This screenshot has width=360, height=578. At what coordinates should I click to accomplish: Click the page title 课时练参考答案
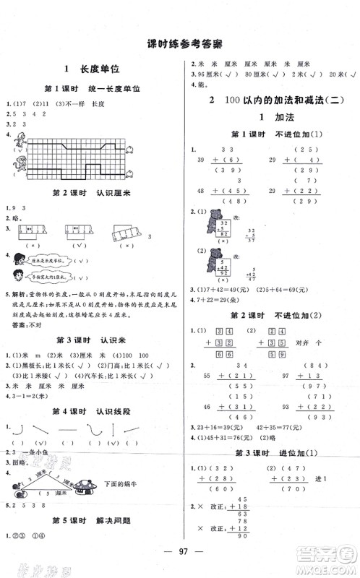pyautogui.click(x=180, y=42)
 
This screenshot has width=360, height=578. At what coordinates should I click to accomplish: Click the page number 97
pyautogui.click(x=180, y=569)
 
